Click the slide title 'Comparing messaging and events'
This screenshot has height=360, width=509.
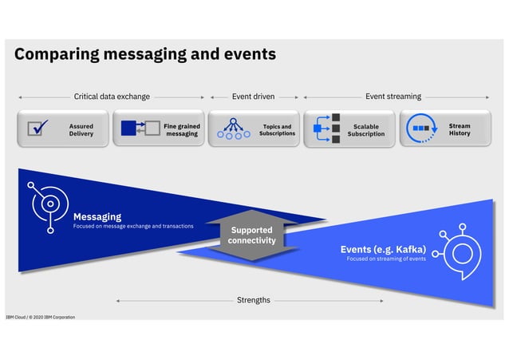tap(144, 54)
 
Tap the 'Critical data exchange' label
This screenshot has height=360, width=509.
tap(112, 97)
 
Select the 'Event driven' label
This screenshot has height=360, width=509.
tap(253, 97)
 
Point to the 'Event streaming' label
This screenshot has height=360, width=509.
tap(393, 97)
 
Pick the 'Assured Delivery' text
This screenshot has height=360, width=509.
tap(81, 129)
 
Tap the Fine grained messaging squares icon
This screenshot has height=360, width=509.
tap(134, 129)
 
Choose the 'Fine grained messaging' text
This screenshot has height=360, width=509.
tap(181, 129)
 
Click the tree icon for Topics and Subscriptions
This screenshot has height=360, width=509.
tap(232, 129)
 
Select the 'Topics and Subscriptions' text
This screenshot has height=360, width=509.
tap(276, 129)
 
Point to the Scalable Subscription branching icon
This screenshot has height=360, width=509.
tap(326, 129)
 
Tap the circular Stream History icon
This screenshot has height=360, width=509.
tap(420, 129)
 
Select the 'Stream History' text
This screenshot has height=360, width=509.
tap(460, 129)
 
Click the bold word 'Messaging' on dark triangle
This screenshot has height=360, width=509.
tap(97, 216)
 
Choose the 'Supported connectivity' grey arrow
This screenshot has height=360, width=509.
tap(251, 235)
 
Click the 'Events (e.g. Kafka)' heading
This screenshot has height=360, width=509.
tap(383, 249)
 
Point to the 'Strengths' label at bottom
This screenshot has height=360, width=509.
tap(253, 300)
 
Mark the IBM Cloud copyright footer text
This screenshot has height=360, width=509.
tap(40, 317)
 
